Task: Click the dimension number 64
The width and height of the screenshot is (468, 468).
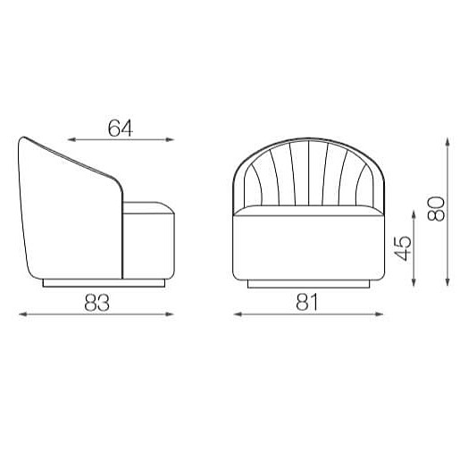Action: point(121,128)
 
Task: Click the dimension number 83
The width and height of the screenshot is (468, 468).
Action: point(97,303)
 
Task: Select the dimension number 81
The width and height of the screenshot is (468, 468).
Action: point(307,302)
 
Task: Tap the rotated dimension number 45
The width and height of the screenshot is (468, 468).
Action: point(403,248)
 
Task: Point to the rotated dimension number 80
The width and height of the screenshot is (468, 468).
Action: point(436,209)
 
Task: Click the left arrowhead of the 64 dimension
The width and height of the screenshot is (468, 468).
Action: point(71,139)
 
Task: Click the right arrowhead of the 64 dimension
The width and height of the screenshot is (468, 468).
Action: point(170,139)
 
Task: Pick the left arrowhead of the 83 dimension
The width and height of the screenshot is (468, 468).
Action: point(23,314)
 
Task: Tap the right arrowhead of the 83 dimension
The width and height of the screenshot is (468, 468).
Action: point(170,314)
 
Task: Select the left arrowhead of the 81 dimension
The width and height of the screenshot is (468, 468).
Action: point(238,314)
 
